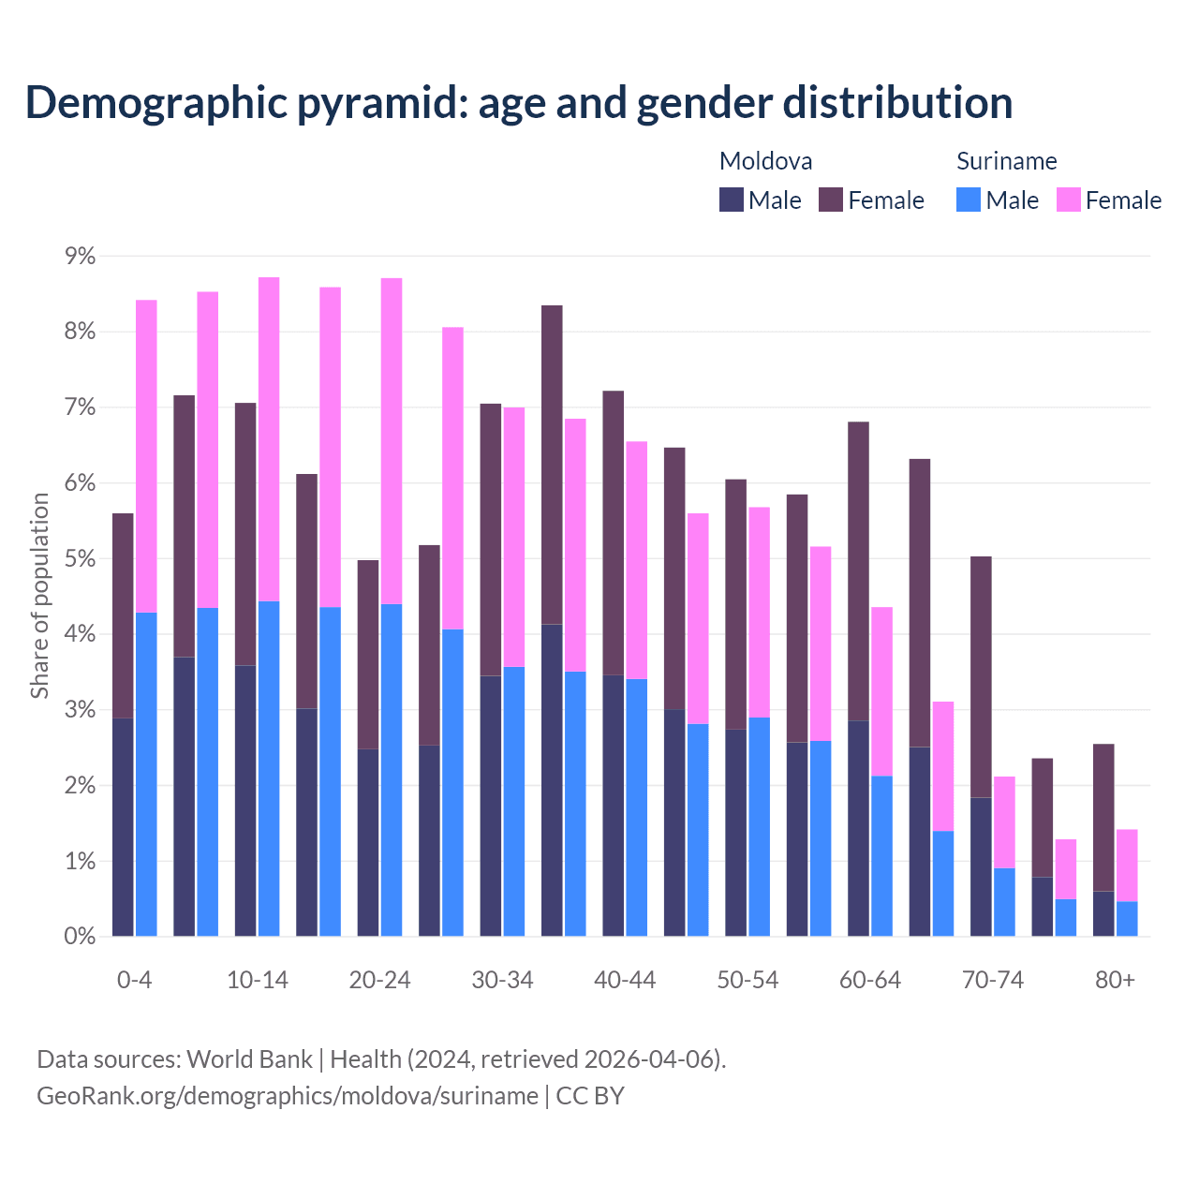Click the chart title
coord(519,103)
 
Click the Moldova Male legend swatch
coord(732,200)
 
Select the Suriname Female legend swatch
coord(1069,200)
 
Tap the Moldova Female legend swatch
coord(831,200)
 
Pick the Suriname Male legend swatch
coord(969,200)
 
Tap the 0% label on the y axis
coord(80,937)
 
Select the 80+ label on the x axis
coord(1115,981)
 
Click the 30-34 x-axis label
coord(502,981)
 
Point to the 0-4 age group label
coord(134,981)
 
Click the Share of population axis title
coord(39,596)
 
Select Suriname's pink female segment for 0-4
coord(146,456)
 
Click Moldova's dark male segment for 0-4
coord(123,827)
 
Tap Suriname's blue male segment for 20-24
coord(392,770)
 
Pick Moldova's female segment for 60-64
coord(858,571)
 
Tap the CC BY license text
coord(590,1096)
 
